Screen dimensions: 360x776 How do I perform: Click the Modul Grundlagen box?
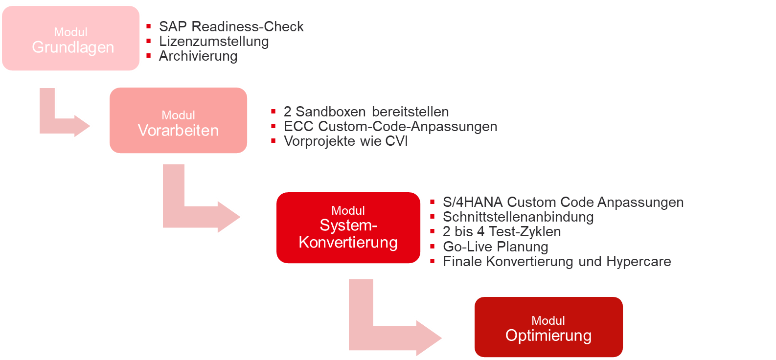[71, 39]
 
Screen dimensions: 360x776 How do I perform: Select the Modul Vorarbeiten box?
[178, 121]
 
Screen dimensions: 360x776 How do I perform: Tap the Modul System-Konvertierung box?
[348, 228]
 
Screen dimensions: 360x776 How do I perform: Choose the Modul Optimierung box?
[548, 327]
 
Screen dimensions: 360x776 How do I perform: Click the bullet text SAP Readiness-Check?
[231, 26]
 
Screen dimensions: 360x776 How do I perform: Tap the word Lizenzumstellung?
[214, 41]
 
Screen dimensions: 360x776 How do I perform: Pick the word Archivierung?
[198, 56]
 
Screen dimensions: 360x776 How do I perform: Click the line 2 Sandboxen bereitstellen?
[366, 112]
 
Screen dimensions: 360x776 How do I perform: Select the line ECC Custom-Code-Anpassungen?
[390, 126]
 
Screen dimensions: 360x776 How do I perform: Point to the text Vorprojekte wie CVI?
[345, 141]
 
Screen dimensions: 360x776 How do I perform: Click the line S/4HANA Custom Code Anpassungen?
[563, 202]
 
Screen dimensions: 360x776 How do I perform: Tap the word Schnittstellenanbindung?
[518, 217]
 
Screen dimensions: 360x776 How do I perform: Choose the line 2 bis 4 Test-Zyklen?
[502, 231]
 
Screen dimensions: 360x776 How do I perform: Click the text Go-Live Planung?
[495, 247]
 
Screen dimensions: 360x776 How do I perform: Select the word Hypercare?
[639, 261]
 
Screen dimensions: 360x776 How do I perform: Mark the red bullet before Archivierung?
[149, 56]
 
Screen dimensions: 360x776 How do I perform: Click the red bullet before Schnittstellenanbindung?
[433, 217]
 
